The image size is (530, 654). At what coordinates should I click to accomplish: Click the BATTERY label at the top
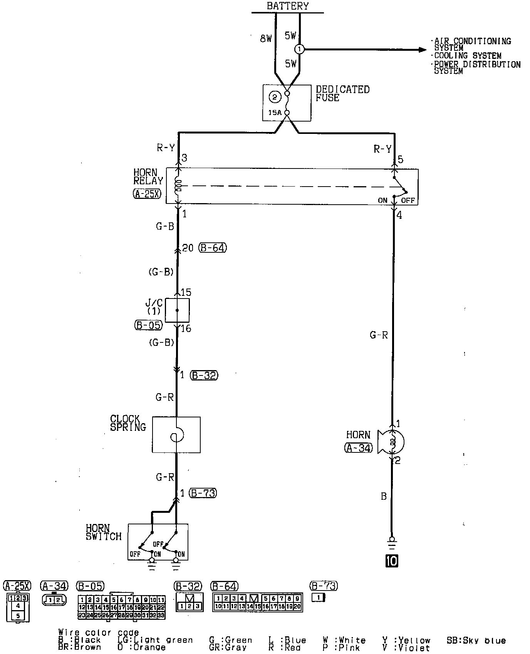pos(287,6)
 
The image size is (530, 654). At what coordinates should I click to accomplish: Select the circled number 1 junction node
pos(299,49)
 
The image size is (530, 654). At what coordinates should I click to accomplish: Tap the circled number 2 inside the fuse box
pos(275,97)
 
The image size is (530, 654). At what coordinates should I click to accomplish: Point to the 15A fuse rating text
pos(275,113)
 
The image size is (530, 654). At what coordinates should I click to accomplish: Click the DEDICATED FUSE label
pos(342,93)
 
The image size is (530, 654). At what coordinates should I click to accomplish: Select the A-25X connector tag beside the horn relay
pos(147,194)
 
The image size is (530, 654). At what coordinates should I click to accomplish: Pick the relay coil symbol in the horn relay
pos(178,186)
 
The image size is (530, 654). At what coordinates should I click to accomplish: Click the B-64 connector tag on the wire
pos(213,248)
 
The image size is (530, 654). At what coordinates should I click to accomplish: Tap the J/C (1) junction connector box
pos(177,310)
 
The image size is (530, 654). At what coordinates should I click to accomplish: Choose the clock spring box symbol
pos(176,435)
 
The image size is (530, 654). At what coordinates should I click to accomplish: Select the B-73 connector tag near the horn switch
pos(203,493)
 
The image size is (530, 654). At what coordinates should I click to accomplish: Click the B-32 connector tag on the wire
pos(204,375)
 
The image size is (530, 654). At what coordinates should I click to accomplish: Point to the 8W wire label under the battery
pos(266,38)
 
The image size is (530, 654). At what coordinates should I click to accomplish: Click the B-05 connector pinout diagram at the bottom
pos(122,607)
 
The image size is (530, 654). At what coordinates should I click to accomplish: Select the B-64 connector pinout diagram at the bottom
pos(257,603)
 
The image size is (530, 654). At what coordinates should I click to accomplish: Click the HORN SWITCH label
pos(103,532)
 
